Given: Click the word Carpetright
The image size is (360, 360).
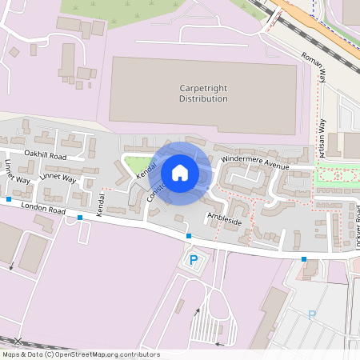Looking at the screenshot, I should (203, 86).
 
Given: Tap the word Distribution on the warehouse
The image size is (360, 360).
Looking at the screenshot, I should (203, 98).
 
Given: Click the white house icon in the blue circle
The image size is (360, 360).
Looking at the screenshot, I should (180, 172).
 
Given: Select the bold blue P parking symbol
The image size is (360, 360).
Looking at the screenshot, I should (193, 259).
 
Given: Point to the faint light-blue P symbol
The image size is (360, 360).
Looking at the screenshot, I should (312, 315).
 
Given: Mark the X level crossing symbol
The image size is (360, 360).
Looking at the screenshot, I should (18, 342).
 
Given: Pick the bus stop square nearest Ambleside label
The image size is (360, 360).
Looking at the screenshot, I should (189, 236).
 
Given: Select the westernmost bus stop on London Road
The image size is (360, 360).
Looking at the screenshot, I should (9, 198).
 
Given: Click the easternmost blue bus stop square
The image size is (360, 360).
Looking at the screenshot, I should (304, 258).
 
